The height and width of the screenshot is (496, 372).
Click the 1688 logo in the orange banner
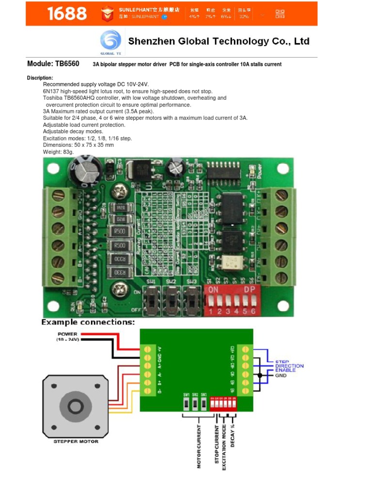67,14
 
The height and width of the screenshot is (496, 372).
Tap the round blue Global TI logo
110,41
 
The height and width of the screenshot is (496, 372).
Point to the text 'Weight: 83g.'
59,152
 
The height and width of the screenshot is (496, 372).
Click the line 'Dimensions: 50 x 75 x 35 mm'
78,145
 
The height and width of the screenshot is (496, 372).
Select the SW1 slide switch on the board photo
152,301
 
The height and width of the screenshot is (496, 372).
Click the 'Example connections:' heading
88,322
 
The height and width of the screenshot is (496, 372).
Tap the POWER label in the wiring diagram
67,334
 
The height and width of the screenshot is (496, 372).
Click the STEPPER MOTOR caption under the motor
76,441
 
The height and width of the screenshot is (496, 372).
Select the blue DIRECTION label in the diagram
289,366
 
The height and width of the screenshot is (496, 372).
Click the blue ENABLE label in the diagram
285,371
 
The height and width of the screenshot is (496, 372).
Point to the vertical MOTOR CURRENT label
199,447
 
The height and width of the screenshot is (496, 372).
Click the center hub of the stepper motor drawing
76,405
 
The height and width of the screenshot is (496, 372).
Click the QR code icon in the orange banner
280,13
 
